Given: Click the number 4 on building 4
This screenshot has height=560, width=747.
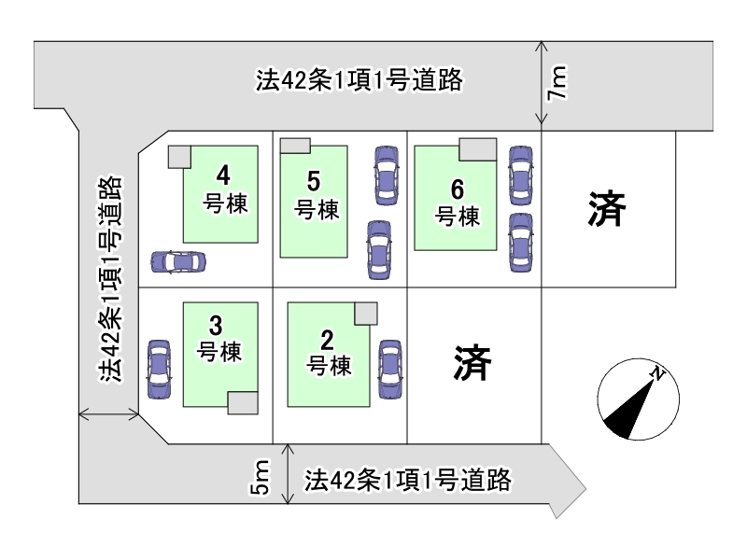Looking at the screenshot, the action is [x=223, y=175].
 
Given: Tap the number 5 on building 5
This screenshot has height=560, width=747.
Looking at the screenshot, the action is [x=314, y=181].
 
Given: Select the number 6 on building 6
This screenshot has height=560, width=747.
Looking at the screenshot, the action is [x=458, y=189].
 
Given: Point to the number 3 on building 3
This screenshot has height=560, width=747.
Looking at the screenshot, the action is [x=216, y=326].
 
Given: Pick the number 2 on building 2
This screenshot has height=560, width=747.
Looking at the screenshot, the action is [x=327, y=340].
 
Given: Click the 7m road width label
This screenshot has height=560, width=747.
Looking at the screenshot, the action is [x=557, y=82].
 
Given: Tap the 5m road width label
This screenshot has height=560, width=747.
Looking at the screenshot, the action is [x=261, y=476].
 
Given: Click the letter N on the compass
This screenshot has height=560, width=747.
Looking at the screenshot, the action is [x=658, y=374].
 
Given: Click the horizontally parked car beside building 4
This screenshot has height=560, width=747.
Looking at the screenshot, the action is [x=178, y=261].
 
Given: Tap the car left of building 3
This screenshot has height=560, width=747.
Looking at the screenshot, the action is [x=159, y=369].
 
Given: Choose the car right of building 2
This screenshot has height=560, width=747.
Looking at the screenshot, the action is [x=390, y=369].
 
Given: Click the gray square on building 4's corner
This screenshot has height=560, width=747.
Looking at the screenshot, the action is [x=179, y=157].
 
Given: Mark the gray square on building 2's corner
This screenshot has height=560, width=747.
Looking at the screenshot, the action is [x=366, y=314].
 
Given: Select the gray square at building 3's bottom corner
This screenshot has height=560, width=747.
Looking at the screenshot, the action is [x=243, y=403].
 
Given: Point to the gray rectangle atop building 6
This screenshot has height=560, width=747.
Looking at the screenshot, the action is [x=478, y=149].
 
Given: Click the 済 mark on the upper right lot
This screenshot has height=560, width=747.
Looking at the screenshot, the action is [x=607, y=208].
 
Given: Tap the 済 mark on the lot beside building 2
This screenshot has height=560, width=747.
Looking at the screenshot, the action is [x=472, y=362].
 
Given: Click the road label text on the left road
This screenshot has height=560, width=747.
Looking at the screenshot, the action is [x=110, y=279].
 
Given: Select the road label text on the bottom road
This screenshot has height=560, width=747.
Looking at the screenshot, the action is [x=408, y=480].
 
